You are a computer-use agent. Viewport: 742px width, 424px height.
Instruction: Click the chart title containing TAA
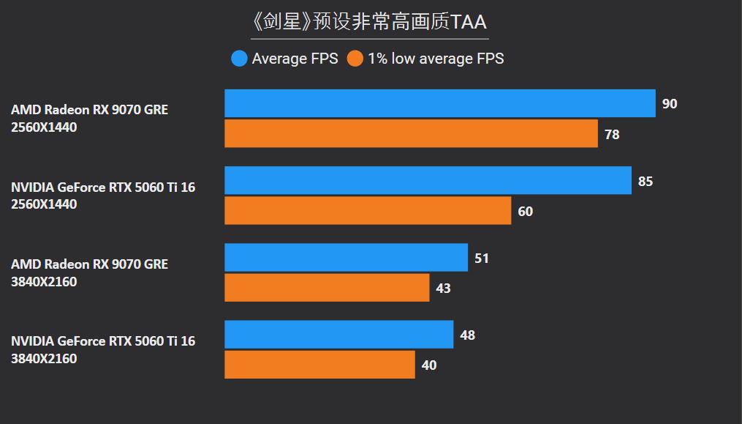point(369,21)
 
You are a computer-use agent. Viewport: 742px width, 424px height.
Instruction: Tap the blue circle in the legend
point(239,59)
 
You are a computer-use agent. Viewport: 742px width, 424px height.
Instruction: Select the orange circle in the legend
point(355,59)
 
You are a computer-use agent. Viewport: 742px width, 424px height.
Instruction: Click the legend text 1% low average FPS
point(436,59)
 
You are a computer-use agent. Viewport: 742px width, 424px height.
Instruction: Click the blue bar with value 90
point(439,103)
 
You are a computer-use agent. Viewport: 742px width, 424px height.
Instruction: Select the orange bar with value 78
point(411,133)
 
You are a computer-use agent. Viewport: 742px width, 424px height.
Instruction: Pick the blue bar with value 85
point(428,180)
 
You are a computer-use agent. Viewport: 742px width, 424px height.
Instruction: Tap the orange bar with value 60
point(368,211)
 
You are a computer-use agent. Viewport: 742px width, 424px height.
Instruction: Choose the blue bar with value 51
point(346,258)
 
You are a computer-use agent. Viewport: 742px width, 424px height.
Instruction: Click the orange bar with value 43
point(327,288)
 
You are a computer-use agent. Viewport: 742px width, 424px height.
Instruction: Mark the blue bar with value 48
point(338,335)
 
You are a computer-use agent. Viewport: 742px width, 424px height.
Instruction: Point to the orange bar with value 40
point(319,365)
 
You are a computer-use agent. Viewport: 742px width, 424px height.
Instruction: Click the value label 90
point(670,104)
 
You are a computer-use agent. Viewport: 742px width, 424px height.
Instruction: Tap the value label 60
point(525,212)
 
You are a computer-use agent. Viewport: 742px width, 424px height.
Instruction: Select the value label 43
point(443,289)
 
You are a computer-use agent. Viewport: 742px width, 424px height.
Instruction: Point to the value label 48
point(467,335)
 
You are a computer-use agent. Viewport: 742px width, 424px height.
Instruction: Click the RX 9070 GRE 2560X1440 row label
point(89,119)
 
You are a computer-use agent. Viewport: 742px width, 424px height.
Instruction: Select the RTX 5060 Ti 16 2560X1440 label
point(103,196)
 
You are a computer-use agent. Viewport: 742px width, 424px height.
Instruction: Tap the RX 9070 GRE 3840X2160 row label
point(89,272)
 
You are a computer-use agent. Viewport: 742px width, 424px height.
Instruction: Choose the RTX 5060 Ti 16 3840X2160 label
point(103,349)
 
